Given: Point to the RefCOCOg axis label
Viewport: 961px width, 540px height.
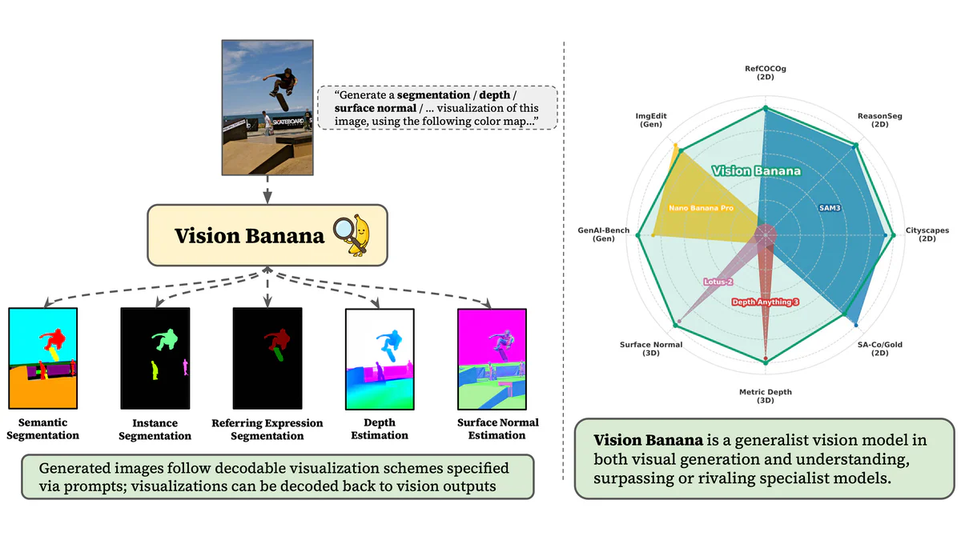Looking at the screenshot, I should [765, 73].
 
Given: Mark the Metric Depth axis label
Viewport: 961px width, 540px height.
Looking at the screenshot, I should [766, 396].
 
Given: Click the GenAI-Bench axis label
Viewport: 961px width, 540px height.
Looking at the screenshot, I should [604, 234].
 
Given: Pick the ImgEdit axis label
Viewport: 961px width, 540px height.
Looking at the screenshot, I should [650, 120].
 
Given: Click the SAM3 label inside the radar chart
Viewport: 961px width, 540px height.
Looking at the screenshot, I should [830, 207].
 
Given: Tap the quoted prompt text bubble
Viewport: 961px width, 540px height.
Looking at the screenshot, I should [436, 108].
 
